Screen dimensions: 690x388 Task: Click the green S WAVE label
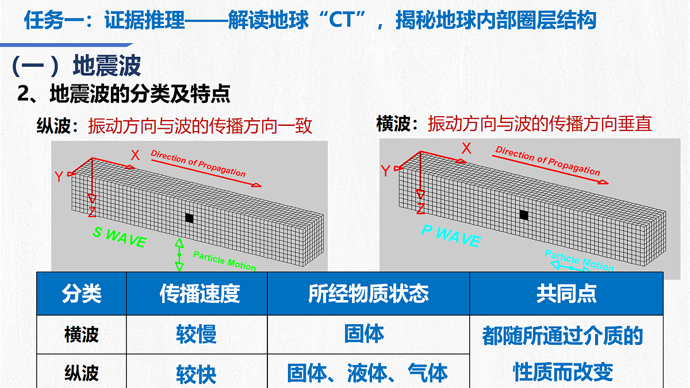click(x=120, y=237)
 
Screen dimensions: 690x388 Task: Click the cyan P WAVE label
click(x=451, y=235)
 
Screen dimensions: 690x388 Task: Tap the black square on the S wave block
click(x=189, y=218)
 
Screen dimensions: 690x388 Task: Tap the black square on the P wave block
click(x=524, y=214)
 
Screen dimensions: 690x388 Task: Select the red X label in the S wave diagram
click(x=135, y=155)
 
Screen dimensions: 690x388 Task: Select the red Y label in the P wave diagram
click(x=386, y=171)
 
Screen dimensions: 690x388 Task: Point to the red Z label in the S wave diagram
click(x=92, y=212)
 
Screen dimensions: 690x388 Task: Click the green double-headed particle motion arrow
click(x=179, y=255)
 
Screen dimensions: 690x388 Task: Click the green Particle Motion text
click(x=225, y=261)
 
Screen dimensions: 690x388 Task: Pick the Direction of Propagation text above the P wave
click(x=547, y=160)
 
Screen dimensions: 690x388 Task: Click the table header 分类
click(x=82, y=294)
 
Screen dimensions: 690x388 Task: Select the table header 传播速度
click(x=200, y=294)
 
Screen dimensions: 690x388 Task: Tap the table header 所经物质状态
click(x=369, y=294)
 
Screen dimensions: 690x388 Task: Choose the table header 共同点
click(x=566, y=294)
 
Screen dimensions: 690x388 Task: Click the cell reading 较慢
click(x=196, y=334)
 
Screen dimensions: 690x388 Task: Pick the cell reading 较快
click(x=196, y=374)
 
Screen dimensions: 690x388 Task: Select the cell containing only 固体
click(x=364, y=333)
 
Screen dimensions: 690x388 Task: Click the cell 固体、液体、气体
click(x=367, y=373)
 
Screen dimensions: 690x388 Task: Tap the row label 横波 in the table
click(x=82, y=335)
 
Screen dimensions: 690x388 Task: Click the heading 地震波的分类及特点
click(x=140, y=93)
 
